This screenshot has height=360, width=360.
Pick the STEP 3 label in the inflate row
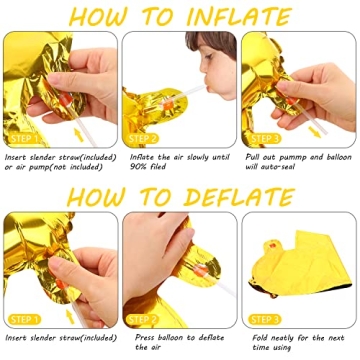point(266,138)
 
